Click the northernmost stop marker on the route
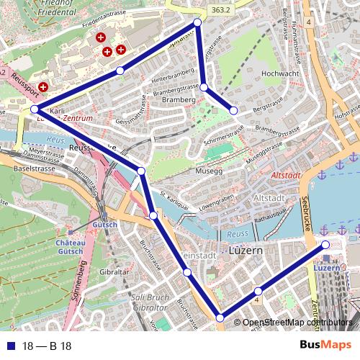[197, 23]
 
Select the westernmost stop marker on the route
[35, 109]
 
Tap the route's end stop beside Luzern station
[325, 246]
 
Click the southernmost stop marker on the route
[220, 318]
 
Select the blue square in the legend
[11, 346]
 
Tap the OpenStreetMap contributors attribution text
[297, 323]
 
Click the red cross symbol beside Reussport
[43, 86]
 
